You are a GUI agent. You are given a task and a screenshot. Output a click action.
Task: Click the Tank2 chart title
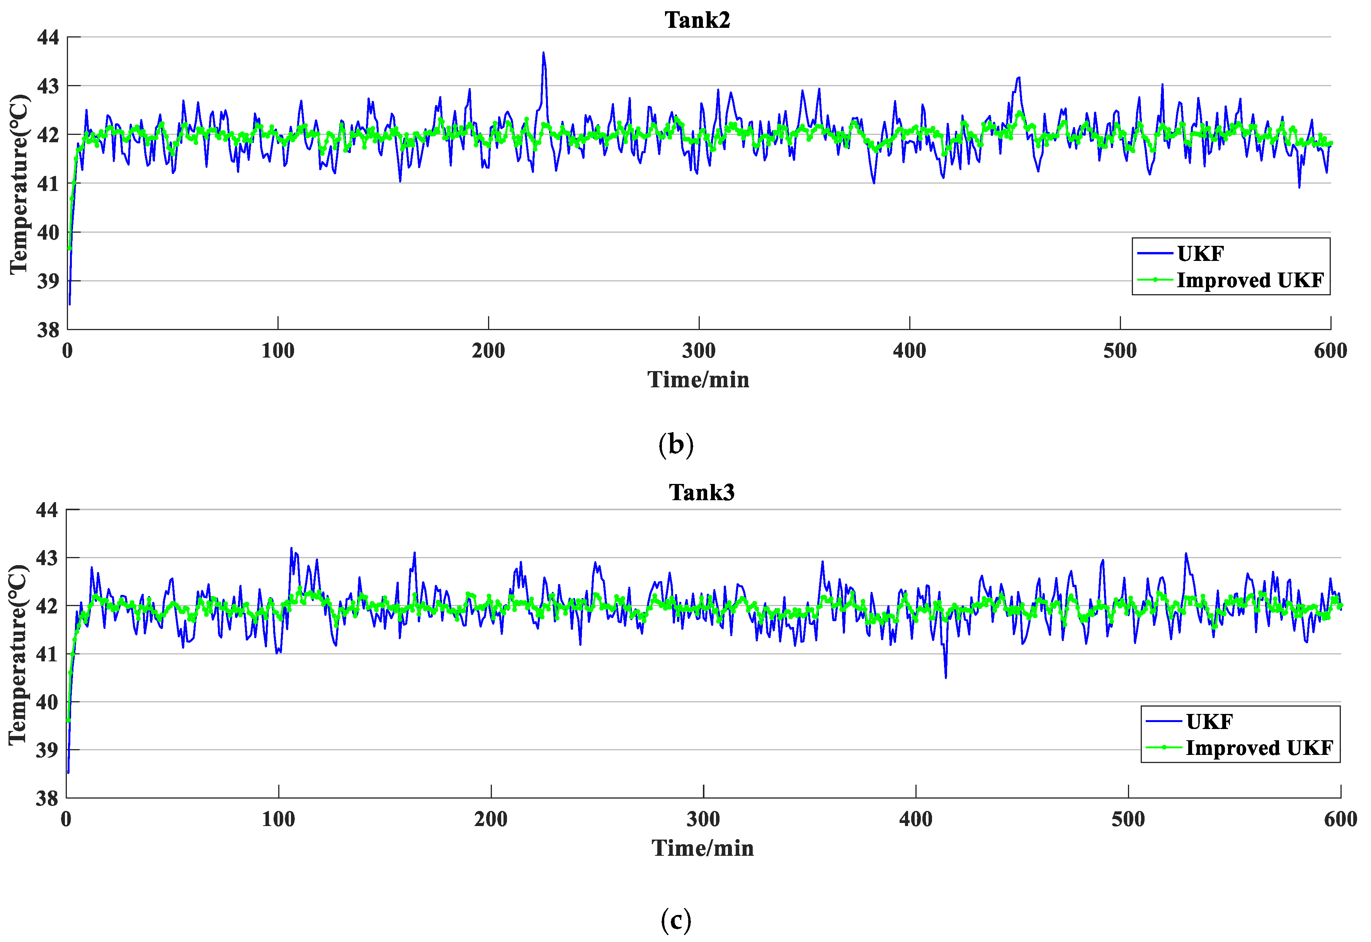tap(697, 20)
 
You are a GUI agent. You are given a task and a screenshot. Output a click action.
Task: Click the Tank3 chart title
tap(701, 492)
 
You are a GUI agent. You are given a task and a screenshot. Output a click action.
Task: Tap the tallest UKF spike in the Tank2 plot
tap(543, 53)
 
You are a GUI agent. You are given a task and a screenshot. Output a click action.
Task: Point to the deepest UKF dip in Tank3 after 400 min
tap(946, 677)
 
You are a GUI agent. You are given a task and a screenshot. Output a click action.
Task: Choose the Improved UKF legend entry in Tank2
tap(1250, 280)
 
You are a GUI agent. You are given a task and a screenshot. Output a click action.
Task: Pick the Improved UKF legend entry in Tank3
tap(1259, 748)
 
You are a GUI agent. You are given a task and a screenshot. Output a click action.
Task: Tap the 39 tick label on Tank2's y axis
tap(48, 281)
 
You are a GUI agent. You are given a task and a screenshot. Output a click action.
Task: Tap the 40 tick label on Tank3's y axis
tap(47, 702)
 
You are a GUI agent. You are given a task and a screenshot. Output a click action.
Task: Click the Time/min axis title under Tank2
tap(699, 380)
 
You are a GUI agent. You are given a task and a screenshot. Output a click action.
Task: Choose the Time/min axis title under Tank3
tap(703, 848)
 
